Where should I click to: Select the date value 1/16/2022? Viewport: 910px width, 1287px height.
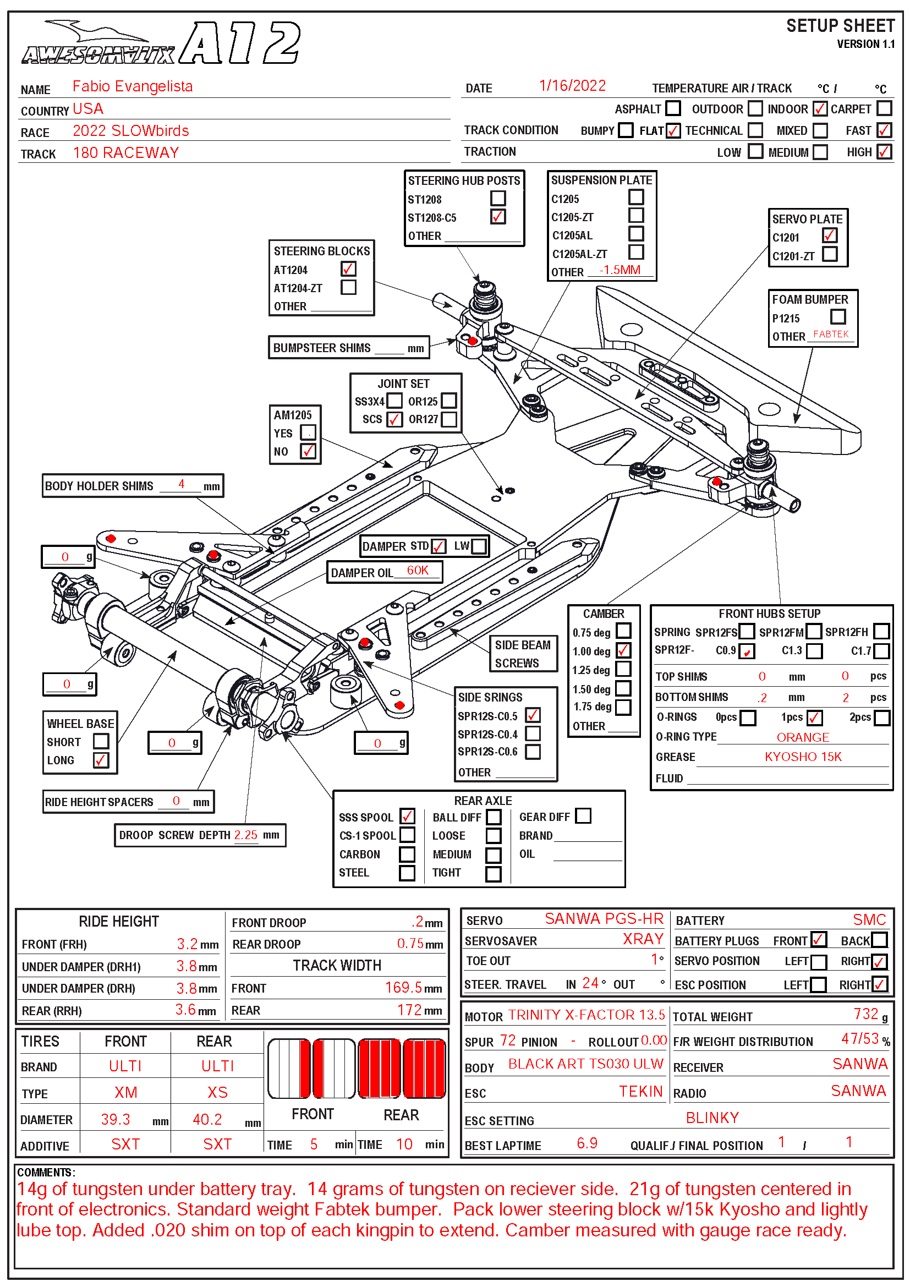tap(572, 86)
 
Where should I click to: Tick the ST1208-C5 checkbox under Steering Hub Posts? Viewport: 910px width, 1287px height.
tap(497, 217)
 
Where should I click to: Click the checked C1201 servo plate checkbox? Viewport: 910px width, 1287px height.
tap(829, 236)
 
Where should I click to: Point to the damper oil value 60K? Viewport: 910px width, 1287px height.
tap(418, 571)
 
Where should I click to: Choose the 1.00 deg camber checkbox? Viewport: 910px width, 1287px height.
tap(623, 650)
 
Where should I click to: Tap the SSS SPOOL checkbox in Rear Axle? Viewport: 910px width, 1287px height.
tap(407, 816)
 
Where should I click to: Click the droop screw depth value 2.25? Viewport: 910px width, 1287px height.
tap(246, 835)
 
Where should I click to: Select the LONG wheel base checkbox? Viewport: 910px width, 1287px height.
tap(101, 760)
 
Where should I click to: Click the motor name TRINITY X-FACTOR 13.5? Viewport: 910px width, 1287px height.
tap(586, 1015)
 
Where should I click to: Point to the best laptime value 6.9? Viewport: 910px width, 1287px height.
tap(587, 1143)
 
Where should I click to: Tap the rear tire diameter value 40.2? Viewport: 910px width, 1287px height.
tap(207, 1119)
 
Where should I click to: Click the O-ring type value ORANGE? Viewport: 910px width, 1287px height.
tap(802, 738)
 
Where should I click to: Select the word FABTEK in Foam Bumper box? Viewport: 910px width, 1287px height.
tap(831, 335)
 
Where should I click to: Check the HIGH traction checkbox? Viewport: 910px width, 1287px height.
tap(884, 152)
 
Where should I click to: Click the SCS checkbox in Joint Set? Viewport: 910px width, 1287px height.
tap(394, 419)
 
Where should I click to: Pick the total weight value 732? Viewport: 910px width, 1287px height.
tap(866, 1014)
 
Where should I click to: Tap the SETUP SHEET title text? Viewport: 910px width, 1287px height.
tap(840, 26)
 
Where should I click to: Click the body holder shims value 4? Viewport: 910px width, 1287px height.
tap(182, 484)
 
